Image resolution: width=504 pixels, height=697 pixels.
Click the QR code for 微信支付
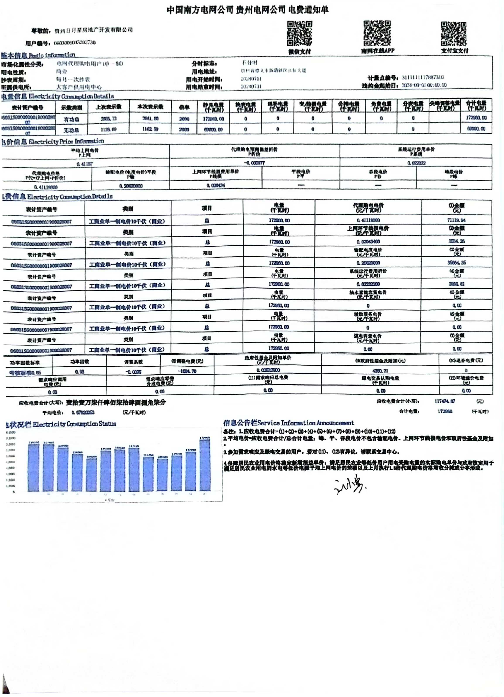click(x=299, y=33)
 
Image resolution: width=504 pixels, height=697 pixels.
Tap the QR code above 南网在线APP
click(x=377, y=33)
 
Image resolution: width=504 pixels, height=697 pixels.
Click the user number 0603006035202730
click(x=75, y=43)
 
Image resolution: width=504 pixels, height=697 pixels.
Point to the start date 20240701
click(x=251, y=79)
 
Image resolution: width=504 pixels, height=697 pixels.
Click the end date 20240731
click(x=251, y=86)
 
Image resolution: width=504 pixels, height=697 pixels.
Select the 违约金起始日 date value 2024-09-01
click(x=424, y=85)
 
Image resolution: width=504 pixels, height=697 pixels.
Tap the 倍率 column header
click(x=184, y=107)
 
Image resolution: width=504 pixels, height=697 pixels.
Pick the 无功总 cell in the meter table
click(x=71, y=130)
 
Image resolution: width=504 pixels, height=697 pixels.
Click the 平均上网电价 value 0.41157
click(x=85, y=164)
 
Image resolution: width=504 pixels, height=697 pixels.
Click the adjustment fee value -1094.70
click(x=187, y=371)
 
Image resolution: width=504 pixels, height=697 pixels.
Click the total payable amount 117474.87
click(x=445, y=401)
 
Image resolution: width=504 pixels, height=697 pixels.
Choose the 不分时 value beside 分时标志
click(x=249, y=63)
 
